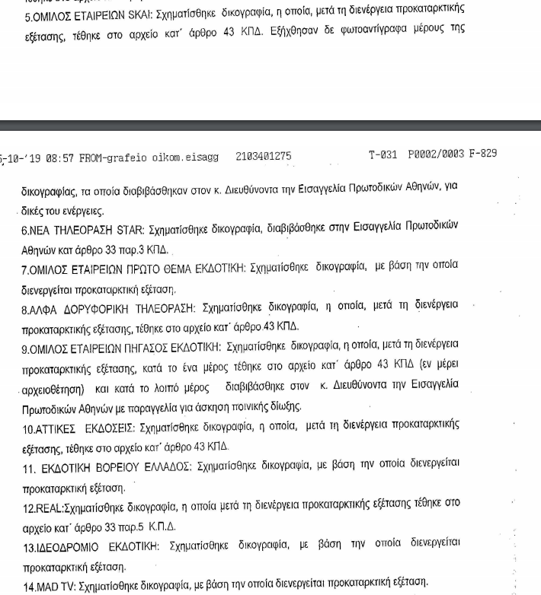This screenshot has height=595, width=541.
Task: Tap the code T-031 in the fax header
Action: [383, 154]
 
